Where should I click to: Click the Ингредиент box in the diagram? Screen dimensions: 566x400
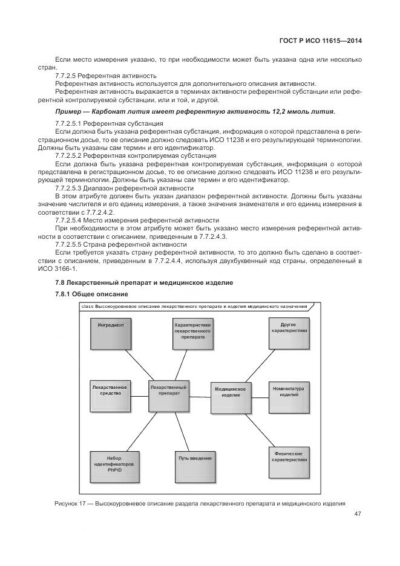click(x=111, y=332)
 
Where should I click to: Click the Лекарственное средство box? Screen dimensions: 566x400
click(x=111, y=394)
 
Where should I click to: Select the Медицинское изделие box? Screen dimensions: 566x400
click(x=230, y=396)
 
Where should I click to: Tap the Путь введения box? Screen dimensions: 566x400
click(x=195, y=466)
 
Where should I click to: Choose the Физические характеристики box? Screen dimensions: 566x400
click(x=289, y=462)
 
